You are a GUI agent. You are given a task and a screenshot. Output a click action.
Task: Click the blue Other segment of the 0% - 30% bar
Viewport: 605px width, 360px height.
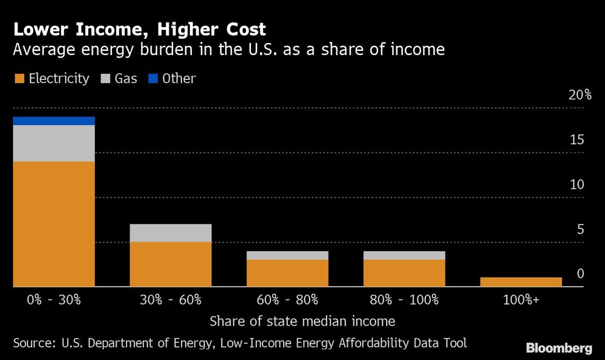click(x=53, y=121)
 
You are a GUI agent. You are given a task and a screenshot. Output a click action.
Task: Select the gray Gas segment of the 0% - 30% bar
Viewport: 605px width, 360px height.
click(x=53, y=143)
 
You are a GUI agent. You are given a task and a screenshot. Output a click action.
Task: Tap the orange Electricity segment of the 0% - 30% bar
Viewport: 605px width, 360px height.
click(x=53, y=224)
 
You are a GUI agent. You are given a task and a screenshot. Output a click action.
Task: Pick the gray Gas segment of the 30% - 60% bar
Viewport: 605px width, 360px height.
click(x=171, y=233)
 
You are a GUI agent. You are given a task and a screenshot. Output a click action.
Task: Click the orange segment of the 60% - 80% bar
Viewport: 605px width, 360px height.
click(x=287, y=273)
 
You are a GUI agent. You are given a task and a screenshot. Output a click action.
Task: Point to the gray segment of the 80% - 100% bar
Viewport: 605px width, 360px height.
click(x=404, y=255)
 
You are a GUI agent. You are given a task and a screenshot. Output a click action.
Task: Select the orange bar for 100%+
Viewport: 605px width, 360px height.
click(x=521, y=282)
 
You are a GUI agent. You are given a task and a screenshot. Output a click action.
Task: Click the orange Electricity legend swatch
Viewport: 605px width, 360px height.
click(x=18, y=79)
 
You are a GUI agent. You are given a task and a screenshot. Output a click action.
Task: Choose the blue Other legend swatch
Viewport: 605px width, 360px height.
click(x=151, y=79)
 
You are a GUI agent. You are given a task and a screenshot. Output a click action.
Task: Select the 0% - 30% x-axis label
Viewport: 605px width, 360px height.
click(x=53, y=299)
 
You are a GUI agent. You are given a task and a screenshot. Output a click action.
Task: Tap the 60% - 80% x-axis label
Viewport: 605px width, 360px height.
click(x=287, y=299)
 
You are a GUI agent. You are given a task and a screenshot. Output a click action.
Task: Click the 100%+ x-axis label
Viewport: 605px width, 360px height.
click(x=521, y=299)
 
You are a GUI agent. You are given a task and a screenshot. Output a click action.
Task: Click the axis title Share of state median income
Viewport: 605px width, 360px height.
click(x=302, y=321)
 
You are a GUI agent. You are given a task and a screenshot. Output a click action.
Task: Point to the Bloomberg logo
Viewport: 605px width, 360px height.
click(x=558, y=348)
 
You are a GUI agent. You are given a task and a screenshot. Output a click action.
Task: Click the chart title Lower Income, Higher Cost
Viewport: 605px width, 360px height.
click(x=140, y=29)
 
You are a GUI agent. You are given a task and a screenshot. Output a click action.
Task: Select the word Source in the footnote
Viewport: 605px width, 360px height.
click(x=34, y=343)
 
